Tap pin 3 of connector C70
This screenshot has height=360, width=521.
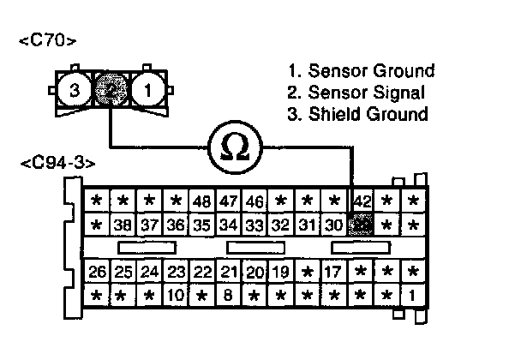[x=75, y=89]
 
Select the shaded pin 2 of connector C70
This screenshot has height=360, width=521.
[x=111, y=89]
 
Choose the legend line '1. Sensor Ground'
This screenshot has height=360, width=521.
[x=362, y=70]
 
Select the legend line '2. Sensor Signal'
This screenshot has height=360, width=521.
[x=356, y=92]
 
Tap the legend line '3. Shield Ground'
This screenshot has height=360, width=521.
[x=358, y=113]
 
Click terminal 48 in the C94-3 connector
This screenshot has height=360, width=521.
[x=202, y=202]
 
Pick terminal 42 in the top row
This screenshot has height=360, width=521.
[x=362, y=202]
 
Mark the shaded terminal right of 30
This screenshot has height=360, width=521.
[x=362, y=225]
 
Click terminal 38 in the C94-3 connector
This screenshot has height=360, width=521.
[x=123, y=226]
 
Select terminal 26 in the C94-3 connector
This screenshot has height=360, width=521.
[x=98, y=273]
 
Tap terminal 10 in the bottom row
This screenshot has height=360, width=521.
[x=176, y=297]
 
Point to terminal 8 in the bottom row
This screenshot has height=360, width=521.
[x=228, y=297]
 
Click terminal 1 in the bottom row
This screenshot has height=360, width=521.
[x=414, y=297]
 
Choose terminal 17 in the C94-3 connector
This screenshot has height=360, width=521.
[x=334, y=273]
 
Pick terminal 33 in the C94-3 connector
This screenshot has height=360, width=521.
[x=254, y=226]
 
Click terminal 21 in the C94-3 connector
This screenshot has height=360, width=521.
[x=228, y=273]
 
